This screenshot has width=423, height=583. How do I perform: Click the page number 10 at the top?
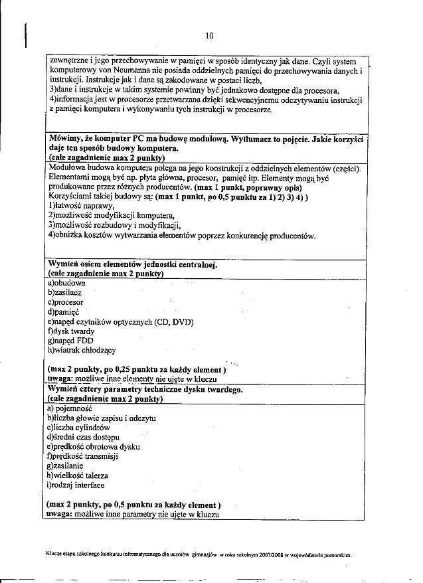click(209, 36)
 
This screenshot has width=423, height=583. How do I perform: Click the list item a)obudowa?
click(66, 283)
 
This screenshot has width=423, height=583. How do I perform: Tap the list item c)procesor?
click(66, 302)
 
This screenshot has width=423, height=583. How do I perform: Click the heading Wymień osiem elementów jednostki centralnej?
click(133, 264)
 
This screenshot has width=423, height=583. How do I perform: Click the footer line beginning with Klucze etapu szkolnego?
click(199, 552)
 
